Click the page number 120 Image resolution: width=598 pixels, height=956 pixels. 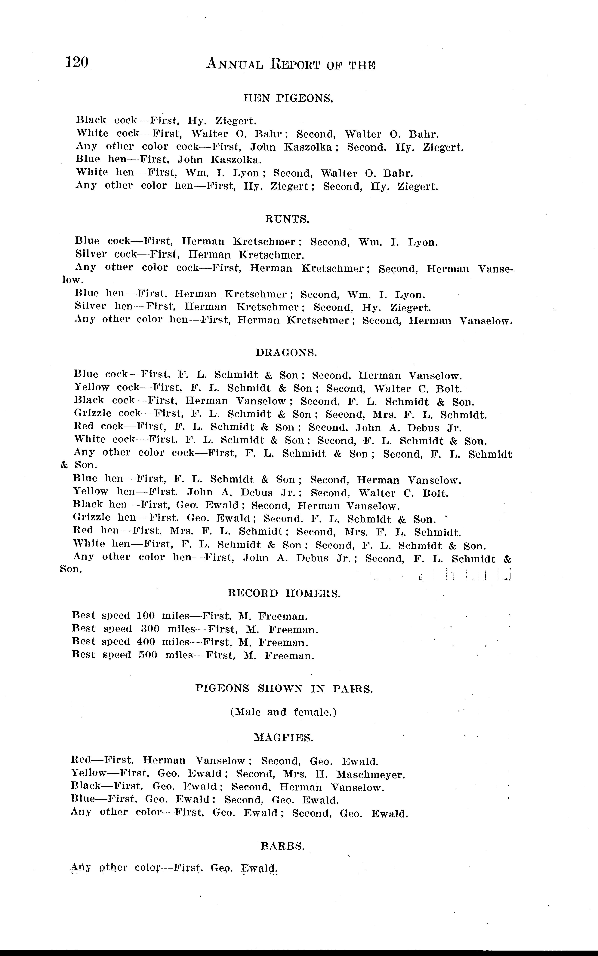point(77,62)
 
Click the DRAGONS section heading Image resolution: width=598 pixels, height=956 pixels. point(286,353)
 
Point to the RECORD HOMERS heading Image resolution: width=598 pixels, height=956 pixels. point(284,593)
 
